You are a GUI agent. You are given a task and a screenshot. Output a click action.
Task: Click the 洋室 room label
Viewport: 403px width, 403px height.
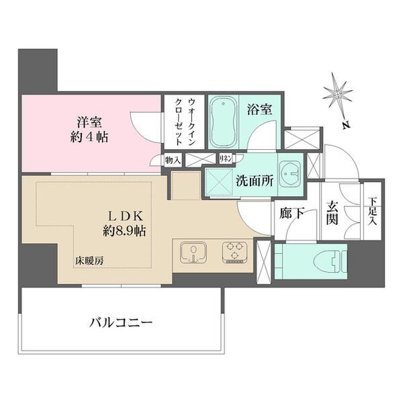tap(89, 122)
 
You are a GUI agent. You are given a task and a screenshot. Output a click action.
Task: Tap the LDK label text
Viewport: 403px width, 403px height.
tap(125, 216)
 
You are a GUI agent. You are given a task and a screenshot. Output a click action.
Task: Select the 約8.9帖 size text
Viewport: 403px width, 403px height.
tap(124, 231)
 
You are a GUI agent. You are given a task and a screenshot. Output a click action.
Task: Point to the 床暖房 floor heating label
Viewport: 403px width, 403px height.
tap(89, 261)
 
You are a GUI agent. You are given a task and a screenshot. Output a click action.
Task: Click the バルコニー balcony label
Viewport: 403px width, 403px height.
tap(121, 322)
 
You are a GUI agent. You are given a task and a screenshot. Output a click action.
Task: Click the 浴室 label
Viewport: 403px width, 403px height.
tap(259, 109)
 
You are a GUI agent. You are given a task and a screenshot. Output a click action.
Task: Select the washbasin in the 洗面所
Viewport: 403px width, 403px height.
tap(290, 174)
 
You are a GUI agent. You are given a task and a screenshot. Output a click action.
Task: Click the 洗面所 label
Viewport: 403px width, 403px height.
tap(255, 181)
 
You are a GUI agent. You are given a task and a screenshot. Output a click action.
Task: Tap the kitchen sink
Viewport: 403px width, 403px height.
tap(193, 253)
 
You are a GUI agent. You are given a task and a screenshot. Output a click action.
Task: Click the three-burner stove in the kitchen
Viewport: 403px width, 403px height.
tap(234, 253)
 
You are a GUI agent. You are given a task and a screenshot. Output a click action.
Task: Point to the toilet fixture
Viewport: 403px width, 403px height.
tap(330, 261)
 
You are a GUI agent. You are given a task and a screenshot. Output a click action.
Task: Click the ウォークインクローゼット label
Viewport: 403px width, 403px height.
tap(184, 122)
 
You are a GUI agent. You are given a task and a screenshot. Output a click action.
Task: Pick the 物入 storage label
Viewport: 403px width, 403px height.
tap(173, 161)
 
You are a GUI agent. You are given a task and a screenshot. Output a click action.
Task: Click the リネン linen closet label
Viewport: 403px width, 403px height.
tap(226, 159)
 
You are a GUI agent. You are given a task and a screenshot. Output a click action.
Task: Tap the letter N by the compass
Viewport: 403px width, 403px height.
tap(346, 125)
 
